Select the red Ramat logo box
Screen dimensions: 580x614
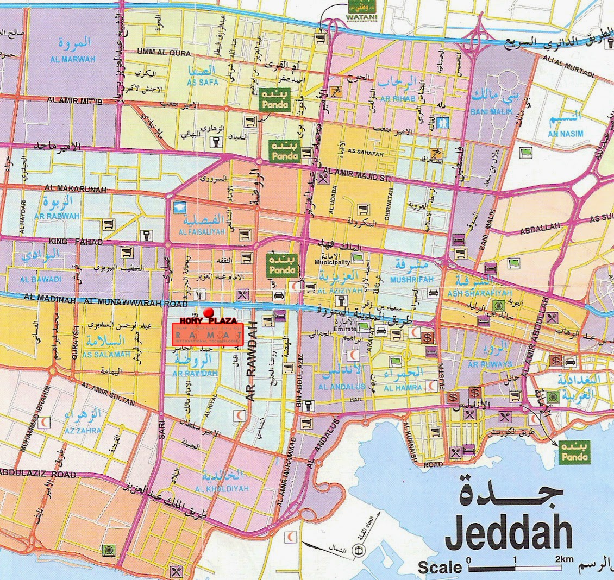coord(207,335)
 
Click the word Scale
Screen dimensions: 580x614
coord(440,568)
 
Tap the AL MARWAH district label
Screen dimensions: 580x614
coord(79,59)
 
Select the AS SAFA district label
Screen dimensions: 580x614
coord(202,83)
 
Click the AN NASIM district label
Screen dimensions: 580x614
coord(565,133)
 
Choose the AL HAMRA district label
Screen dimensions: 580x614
coord(403,388)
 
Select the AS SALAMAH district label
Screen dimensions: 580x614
coord(106,355)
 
